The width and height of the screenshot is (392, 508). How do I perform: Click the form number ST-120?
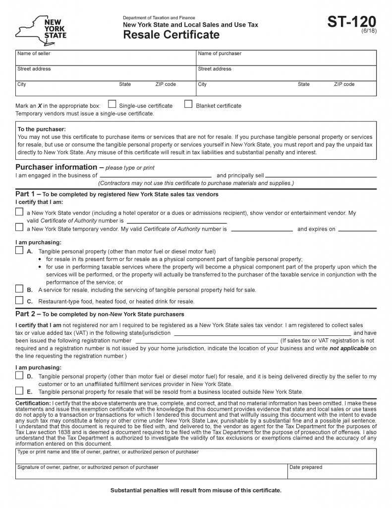click(351, 22)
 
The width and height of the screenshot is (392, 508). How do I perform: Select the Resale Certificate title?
click(171, 35)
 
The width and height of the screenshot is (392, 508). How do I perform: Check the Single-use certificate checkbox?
click(112, 104)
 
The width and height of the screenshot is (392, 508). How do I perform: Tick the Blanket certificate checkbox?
click(188, 104)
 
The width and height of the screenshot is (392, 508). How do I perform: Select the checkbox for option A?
click(19, 251)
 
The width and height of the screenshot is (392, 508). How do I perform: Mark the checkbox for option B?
click(19, 289)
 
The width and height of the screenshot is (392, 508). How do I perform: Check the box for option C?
click(19, 300)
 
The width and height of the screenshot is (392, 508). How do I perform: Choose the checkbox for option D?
click(19, 376)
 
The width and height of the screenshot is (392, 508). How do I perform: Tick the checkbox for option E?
click(19, 390)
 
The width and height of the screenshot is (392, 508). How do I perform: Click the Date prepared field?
click(332, 473)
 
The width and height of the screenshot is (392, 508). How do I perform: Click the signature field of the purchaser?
click(151, 473)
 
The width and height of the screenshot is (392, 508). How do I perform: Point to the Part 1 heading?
click(25, 194)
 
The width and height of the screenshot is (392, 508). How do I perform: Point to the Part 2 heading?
click(25, 314)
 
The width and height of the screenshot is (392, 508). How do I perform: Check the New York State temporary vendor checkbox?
click(19, 228)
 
